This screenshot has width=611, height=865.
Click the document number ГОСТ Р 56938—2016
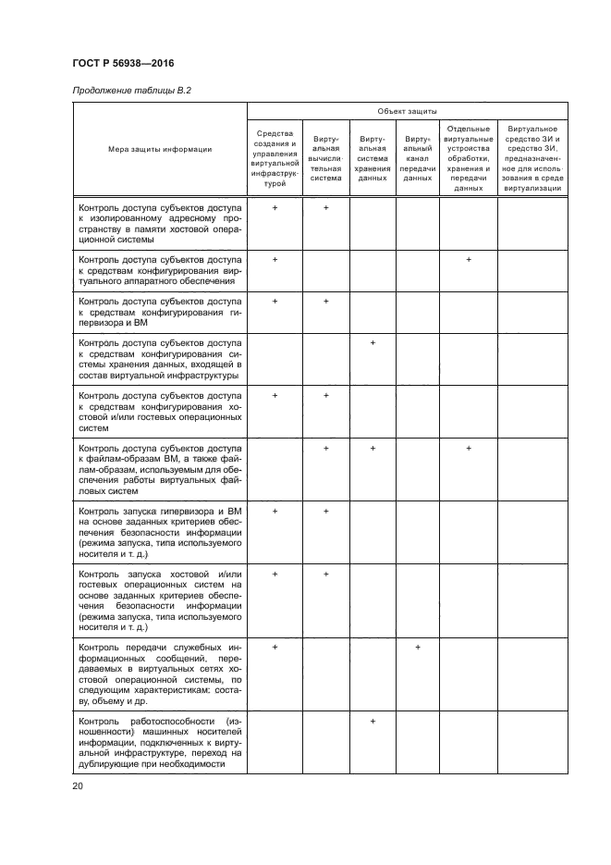(123, 64)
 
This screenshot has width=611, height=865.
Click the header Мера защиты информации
(160, 150)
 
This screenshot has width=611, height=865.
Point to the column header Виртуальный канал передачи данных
(418, 158)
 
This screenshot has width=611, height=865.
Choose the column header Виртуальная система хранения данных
(373, 158)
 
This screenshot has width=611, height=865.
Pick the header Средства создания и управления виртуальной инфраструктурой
(275, 158)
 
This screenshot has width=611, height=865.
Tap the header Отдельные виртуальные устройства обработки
(469, 158)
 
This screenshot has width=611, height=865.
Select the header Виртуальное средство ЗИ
(532, 158)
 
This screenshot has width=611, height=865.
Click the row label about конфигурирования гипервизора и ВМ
(160, 314)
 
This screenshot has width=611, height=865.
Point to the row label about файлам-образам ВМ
(160, 470)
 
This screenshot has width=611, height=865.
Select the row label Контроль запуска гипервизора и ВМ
(160, 533)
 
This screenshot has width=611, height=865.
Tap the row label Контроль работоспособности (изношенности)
(160, 743)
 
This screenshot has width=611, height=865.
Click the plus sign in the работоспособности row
(373, 721)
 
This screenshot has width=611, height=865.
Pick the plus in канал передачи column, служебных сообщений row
(418, 647)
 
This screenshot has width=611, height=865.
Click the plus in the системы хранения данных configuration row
(373, 344)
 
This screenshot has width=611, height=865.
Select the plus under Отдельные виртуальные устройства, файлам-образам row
(469, 448)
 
